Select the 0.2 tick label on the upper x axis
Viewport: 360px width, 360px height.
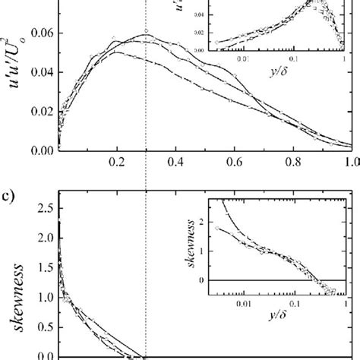[x=116, y=162]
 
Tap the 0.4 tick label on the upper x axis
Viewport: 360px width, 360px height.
[x=175, y=162]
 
